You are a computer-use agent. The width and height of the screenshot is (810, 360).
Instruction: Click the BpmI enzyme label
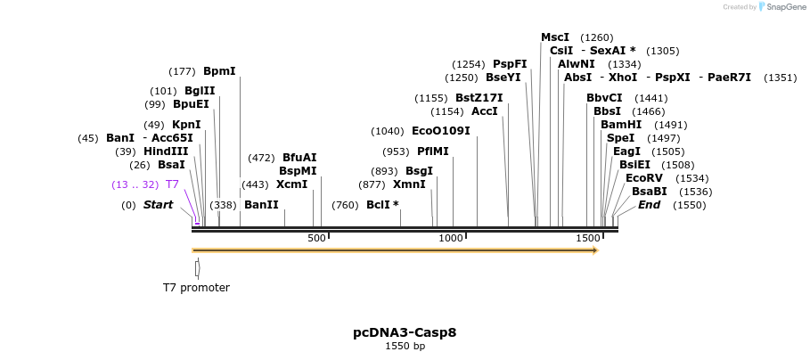tap(219, 71)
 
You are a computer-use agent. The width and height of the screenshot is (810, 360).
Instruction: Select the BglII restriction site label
tap(200, 90)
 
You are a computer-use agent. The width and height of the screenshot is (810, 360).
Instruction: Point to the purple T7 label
tap(172, 184)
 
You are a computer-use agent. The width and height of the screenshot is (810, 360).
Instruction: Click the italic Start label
tap(158, 205)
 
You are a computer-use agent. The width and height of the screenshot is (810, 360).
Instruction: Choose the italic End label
tap(649, 205)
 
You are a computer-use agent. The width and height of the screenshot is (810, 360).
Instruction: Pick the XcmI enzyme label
tap(291, 184)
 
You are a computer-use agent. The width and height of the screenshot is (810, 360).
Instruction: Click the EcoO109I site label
tap(440, 131)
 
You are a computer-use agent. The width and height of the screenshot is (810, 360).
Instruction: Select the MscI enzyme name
tap(555, 37)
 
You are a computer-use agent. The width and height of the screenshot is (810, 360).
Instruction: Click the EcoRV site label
tap(644, 178)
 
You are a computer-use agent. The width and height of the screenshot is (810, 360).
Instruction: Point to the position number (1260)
tap(596, 37)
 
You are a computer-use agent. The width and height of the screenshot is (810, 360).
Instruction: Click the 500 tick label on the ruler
tap(316, 238)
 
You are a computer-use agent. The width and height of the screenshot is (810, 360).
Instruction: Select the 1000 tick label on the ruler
tap(451, 238)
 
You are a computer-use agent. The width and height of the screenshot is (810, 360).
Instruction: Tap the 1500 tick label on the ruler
tap(588, 238)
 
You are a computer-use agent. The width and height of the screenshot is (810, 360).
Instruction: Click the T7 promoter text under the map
tap(196, 288)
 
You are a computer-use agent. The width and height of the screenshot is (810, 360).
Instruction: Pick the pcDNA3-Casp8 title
tap(405, 332)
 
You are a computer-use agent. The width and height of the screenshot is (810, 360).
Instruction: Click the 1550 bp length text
tap(405, 346)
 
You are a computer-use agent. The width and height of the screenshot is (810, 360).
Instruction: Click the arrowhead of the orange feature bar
tap(594, 250)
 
